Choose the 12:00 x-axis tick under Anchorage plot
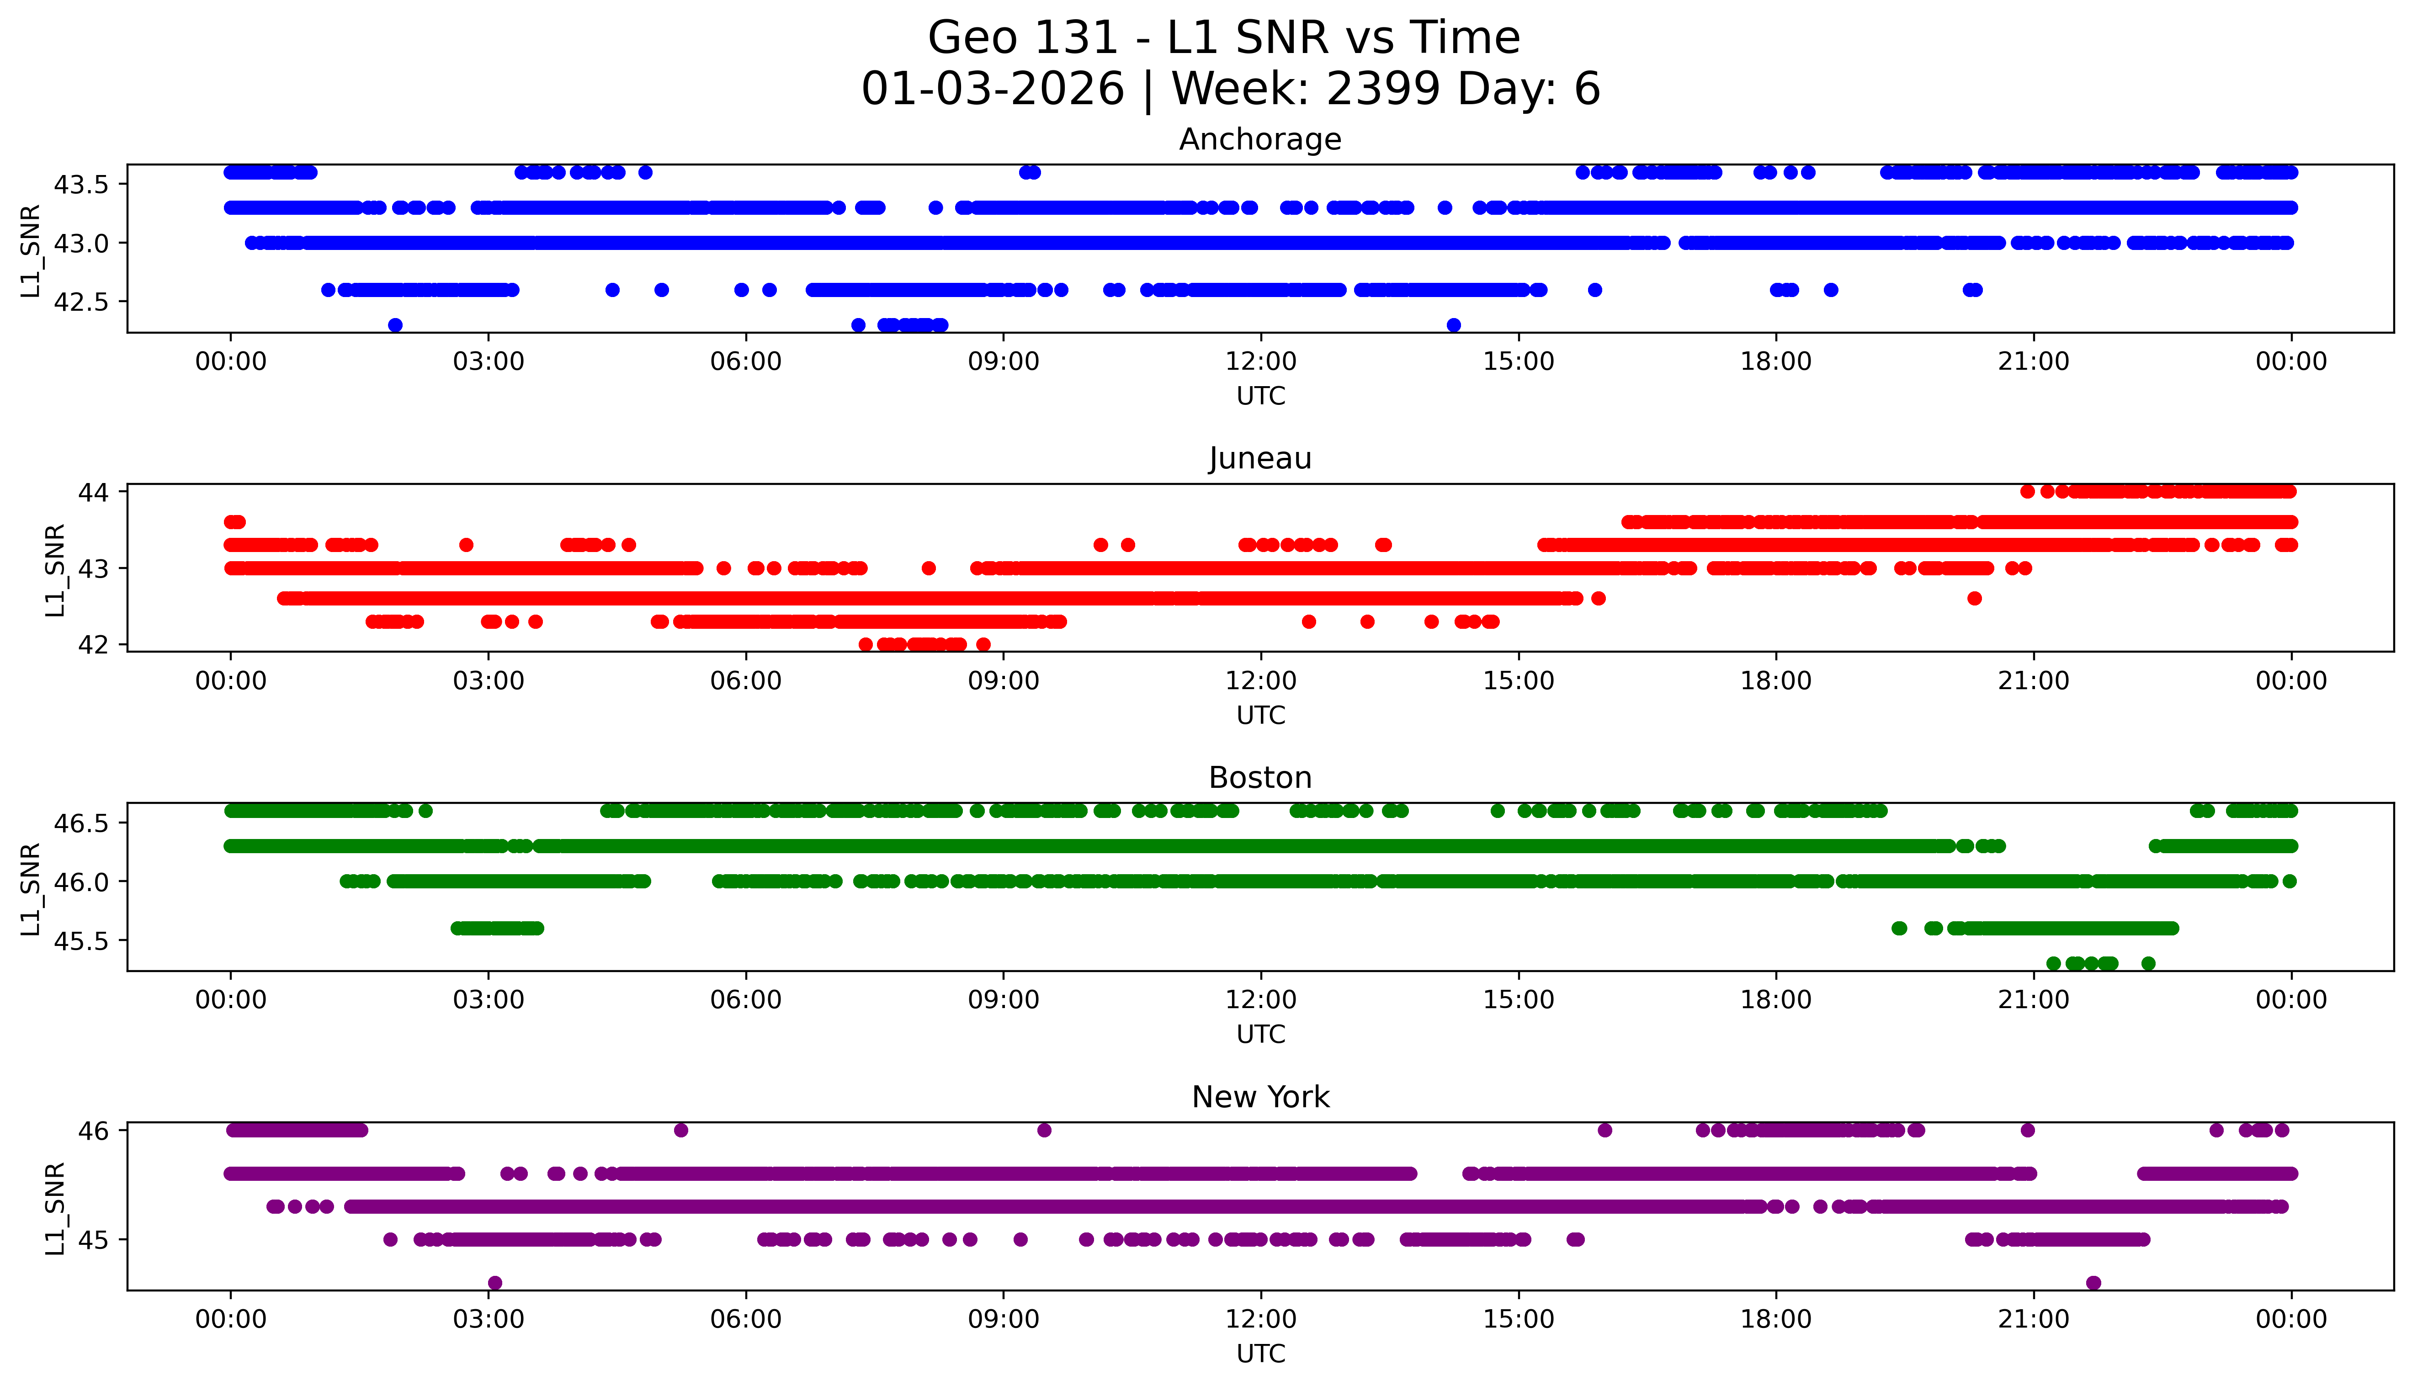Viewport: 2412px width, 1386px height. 1260,362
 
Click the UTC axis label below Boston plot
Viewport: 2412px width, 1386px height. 1260,1034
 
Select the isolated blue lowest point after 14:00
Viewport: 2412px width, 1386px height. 1454,324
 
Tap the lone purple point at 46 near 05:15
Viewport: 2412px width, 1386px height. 680,1130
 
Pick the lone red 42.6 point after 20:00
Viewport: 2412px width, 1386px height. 1974,598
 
